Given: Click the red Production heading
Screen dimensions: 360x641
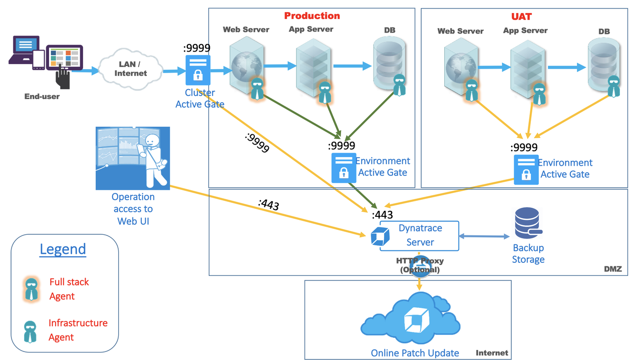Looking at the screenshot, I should tap(312, 16).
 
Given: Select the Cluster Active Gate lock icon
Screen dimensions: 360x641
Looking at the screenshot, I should tap(198, 70).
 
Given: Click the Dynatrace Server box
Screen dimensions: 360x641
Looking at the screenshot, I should tap(420, 235).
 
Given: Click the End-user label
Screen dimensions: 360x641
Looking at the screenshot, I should tap(42, 96).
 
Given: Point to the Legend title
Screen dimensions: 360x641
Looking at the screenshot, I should tap(63, 249).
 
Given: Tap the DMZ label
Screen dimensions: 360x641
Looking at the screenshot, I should tap(612, 269).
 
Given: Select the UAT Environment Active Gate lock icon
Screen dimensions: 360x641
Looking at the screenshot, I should tap(526, 170).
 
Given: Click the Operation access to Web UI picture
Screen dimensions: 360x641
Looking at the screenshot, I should tap(133, 158).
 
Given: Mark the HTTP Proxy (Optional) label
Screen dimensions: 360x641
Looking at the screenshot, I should tap(420, 265).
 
